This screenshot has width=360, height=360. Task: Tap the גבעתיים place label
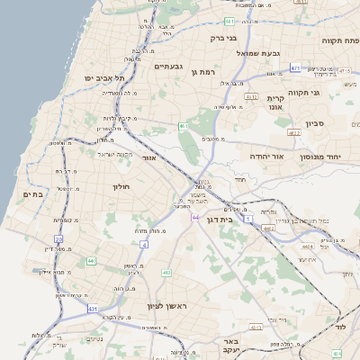pyautogui.click(x=169, y=67)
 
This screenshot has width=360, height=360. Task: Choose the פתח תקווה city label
pyautogui.click(x=341, y=40)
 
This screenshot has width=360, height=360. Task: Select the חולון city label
pyautogui.click(x=121, y=186)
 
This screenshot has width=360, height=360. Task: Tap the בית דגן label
pyautogui.click(x=238, y=219)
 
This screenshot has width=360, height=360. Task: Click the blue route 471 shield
pyautogui.click(x=295, y=68)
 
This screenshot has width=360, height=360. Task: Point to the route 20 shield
pyautogui.click(x=58, y=238)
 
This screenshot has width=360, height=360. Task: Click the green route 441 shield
pyautogui.click(x=92, y=261)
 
